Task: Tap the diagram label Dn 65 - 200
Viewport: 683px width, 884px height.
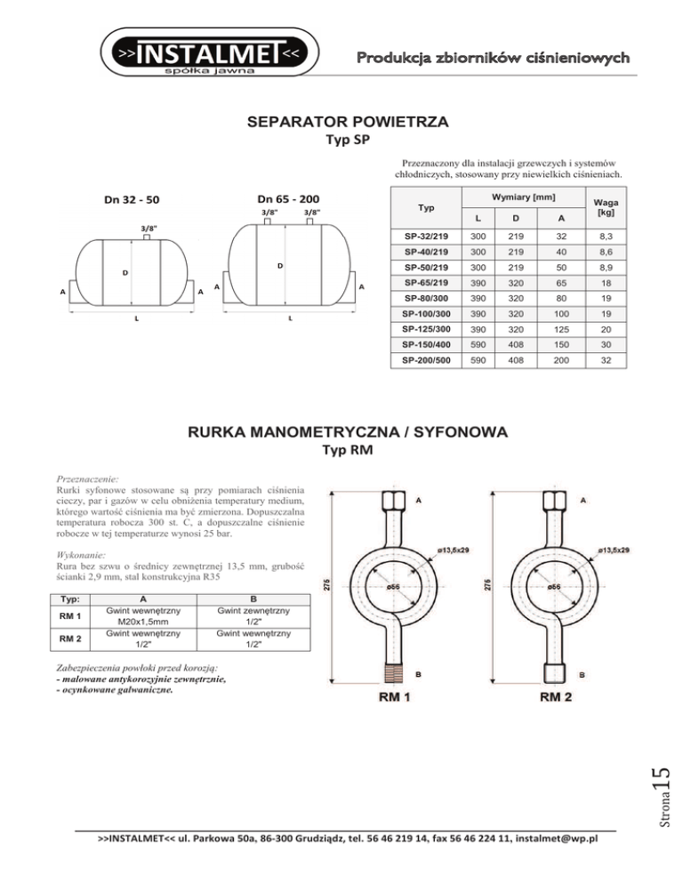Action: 289,198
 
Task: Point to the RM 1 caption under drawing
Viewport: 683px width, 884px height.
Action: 394,697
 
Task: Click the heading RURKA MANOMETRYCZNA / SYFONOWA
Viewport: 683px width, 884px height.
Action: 347,433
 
